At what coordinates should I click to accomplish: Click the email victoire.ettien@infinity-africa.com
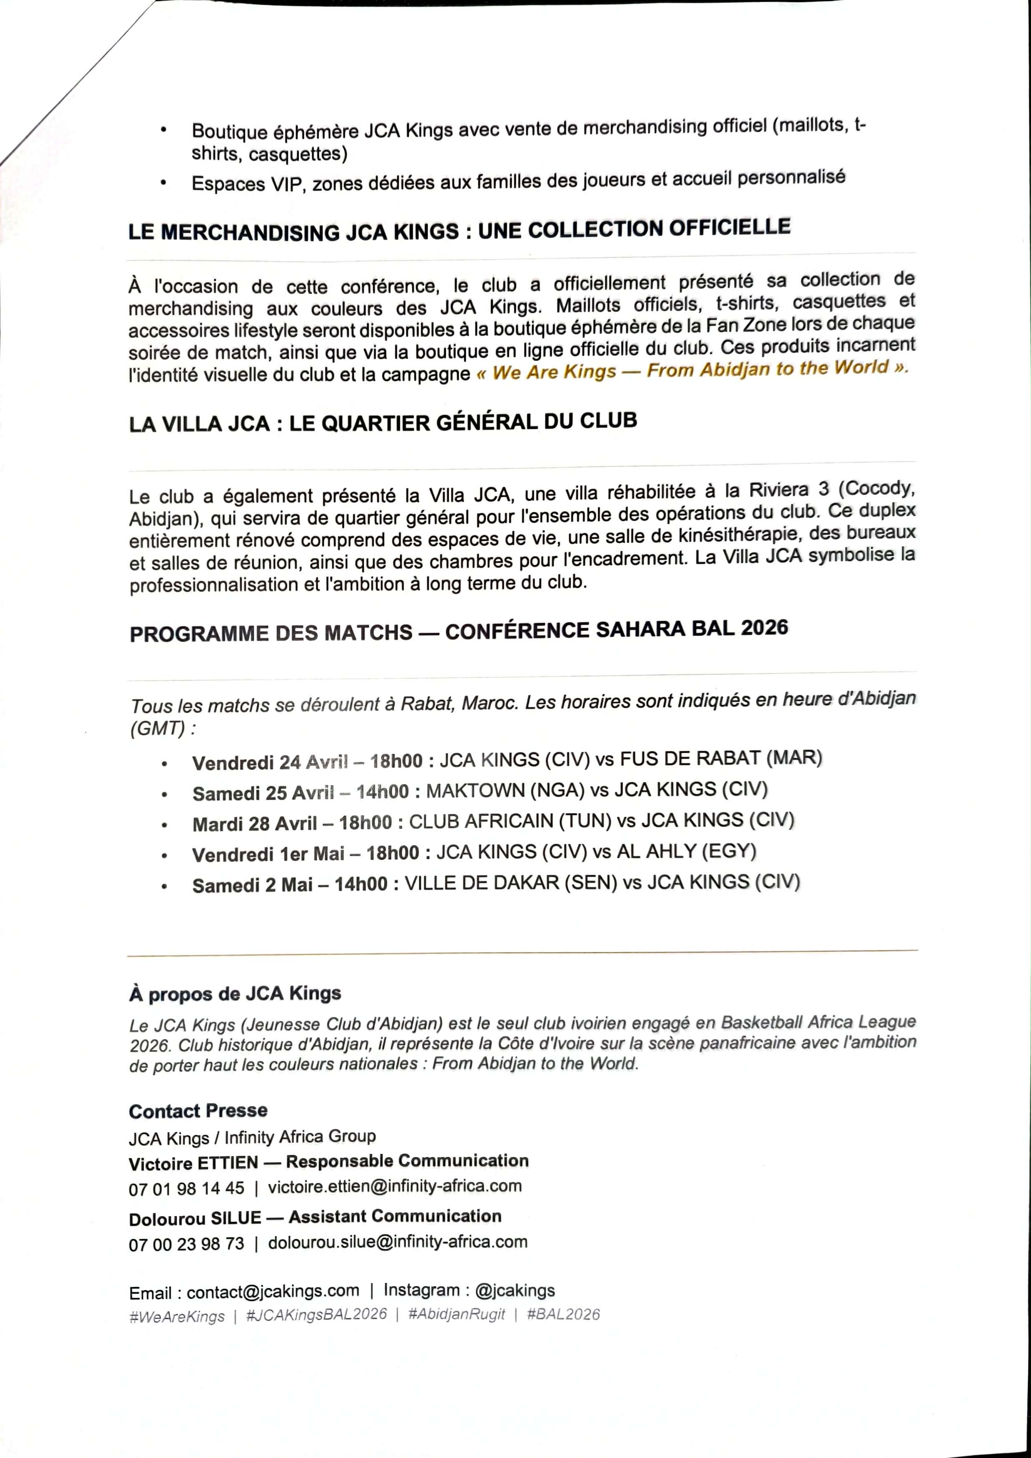coord(394,1186)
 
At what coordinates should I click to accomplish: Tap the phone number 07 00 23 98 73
coord(186,1244)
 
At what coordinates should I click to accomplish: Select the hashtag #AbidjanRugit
coord(457,1314)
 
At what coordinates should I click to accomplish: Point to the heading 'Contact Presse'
coord(198,1111)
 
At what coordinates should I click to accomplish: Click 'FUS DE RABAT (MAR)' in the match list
coord(720,758)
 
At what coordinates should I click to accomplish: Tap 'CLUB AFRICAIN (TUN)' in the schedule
coord(509,821)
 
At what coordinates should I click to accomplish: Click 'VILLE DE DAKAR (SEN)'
coord(510,883)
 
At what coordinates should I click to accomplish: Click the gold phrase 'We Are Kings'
coord(553,372)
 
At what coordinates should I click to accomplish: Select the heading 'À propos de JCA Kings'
coord(235,993)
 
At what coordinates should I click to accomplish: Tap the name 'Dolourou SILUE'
coord(195,1218)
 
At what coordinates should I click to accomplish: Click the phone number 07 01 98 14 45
coord(186,1188)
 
